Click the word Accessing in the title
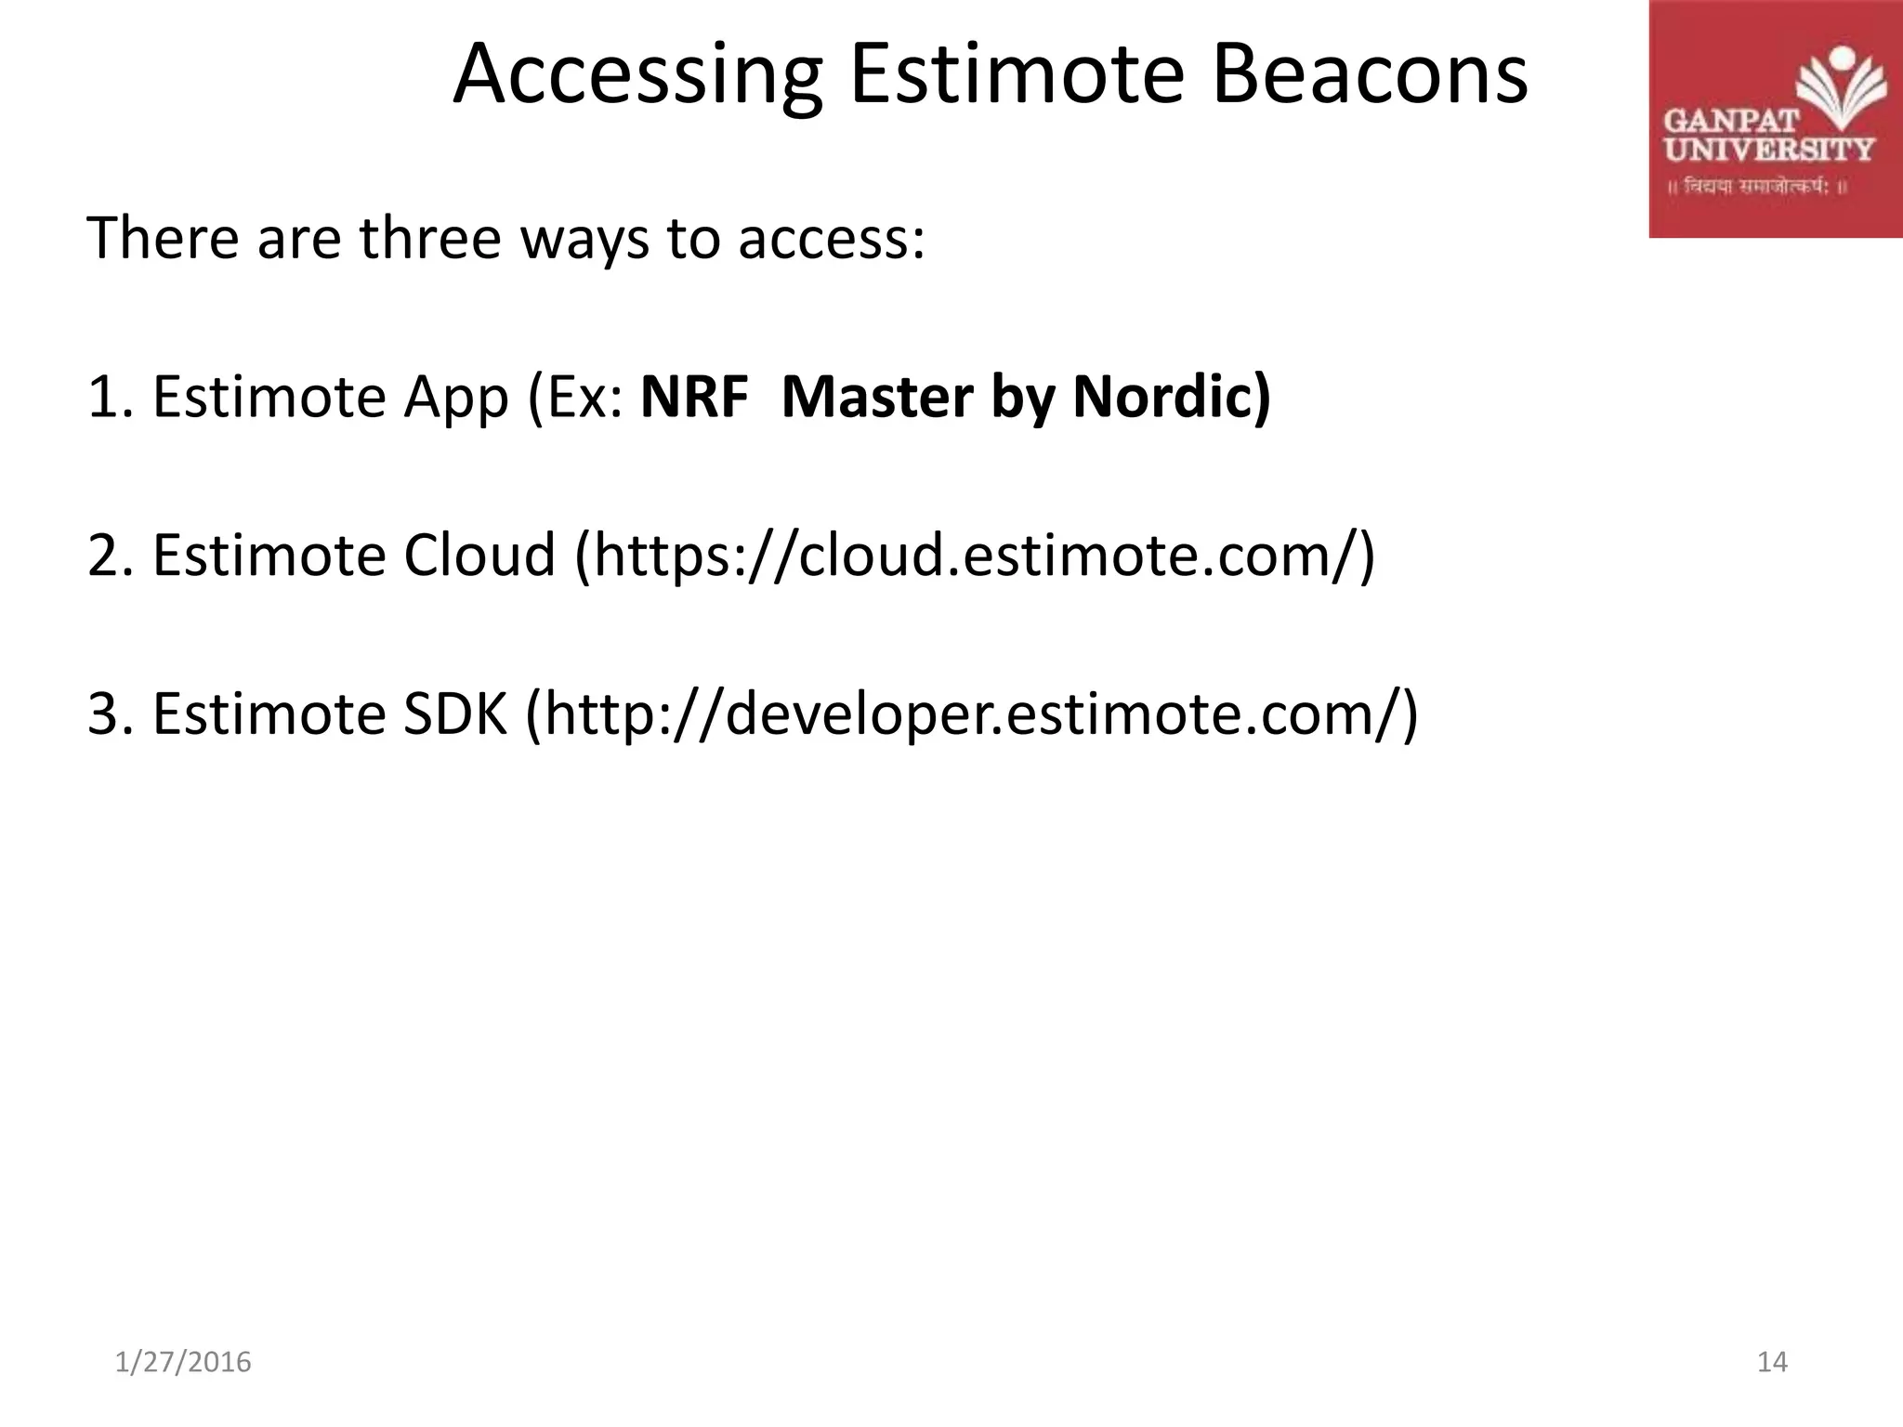click(637, 76)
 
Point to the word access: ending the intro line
click(832, 240)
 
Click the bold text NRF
click(694, 398)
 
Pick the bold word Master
click(877, 398)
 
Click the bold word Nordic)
click(1171, 398)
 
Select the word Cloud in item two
click(479, 556)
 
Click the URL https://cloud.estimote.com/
click(974, 556)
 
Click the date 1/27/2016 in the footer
click(183, 1362)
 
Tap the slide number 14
click(1772, 1362)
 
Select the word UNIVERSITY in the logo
click(1768, 150)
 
